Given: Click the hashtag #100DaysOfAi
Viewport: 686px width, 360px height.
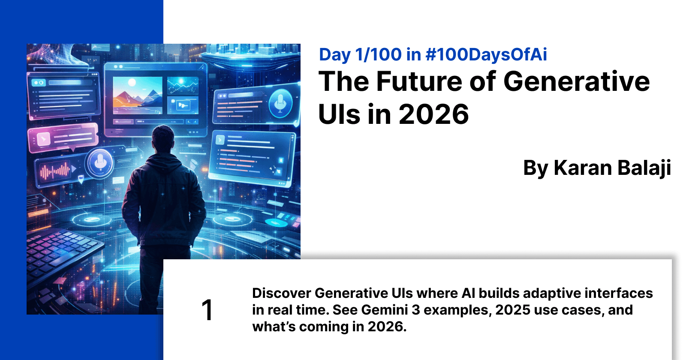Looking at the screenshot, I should tap(486, 55).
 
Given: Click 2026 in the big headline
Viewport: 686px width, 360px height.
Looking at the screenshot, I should tap(433, 114).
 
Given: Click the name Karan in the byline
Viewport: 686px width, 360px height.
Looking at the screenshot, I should tap(579, 168).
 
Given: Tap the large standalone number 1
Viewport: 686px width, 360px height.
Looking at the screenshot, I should tap(207, 310).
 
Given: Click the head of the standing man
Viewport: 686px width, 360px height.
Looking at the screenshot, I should tap(163, 138).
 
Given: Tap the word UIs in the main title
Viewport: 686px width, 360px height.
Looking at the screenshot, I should tap(339, 114).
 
